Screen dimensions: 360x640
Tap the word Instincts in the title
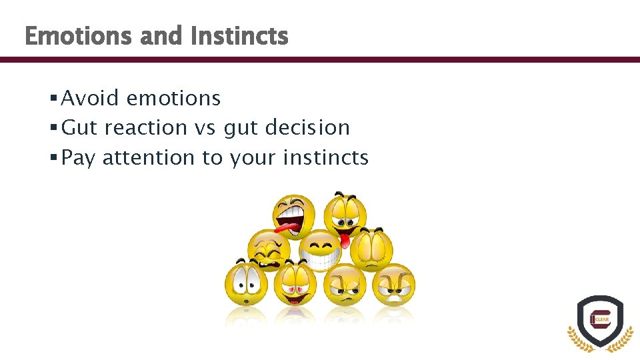point(239,36)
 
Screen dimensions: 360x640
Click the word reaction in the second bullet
point(146,127)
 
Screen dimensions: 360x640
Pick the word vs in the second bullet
point(207,128)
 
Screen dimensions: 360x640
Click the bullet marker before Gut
point(53,127)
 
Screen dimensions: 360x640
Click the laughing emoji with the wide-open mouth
point(293,215)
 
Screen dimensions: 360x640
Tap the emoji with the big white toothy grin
point(319,250)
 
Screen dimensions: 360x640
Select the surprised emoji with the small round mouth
point(246,284)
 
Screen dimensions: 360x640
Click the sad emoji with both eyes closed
point(371,248)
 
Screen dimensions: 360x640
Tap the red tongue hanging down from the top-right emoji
point(345,237)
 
